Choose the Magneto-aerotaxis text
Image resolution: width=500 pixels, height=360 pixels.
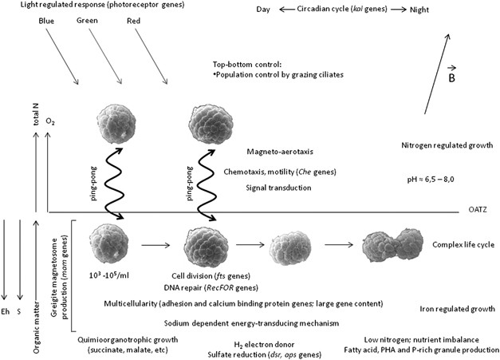[x=278, y=152]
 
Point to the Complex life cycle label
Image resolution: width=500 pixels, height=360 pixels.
[x=463, y=244]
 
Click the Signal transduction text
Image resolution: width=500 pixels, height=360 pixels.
[x=279, y=188]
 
